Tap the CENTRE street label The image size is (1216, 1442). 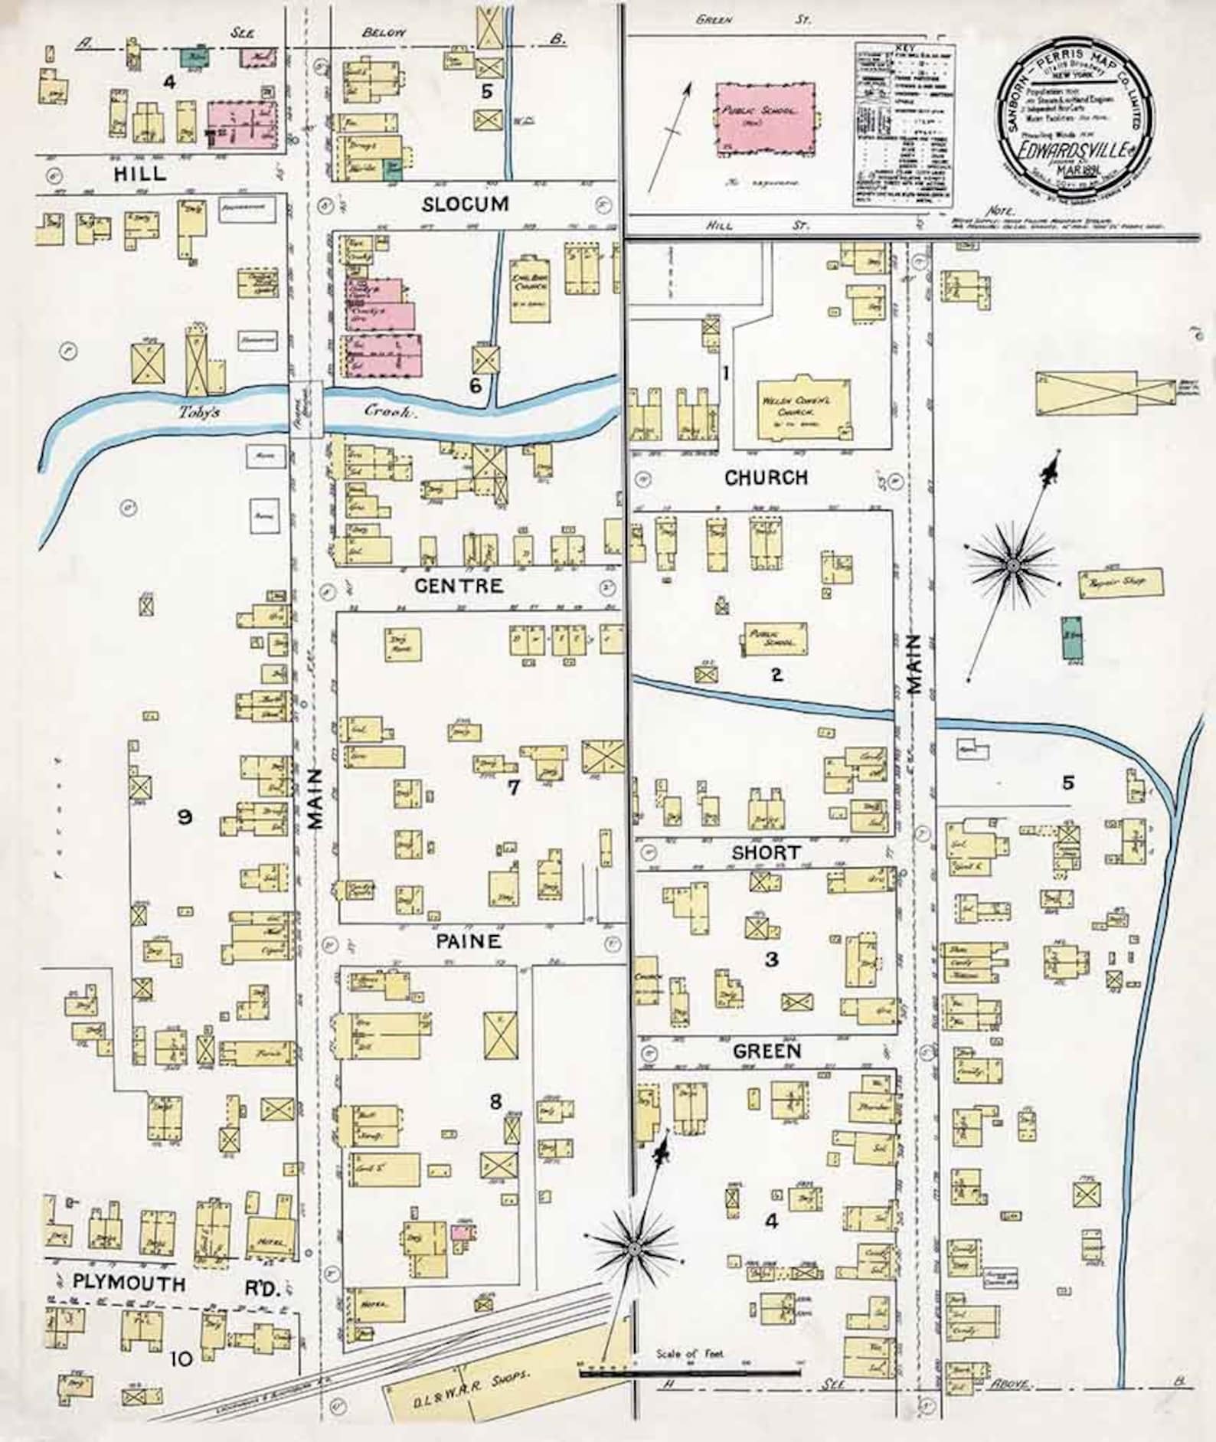[x=459, y=586]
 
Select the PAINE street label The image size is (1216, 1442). [x=469, y=941]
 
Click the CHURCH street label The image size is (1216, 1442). [x=766, y=478]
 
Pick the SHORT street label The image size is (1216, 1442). [x=766, y=852]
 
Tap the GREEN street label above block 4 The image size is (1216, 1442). [x=767, y=1051]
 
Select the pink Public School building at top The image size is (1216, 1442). [x=764, y=119]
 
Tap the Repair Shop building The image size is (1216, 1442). [x=1120, y=583]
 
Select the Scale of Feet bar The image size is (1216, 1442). [x=689, y=1374]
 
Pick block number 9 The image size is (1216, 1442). [x=184, y=817]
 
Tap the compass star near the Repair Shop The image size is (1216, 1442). [x=1012, y=564]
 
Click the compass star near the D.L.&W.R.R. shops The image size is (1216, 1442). [x=634, y=1249]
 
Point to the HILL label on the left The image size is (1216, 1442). [x=139, y=174]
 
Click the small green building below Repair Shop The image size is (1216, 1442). [x=1072, y=638]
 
